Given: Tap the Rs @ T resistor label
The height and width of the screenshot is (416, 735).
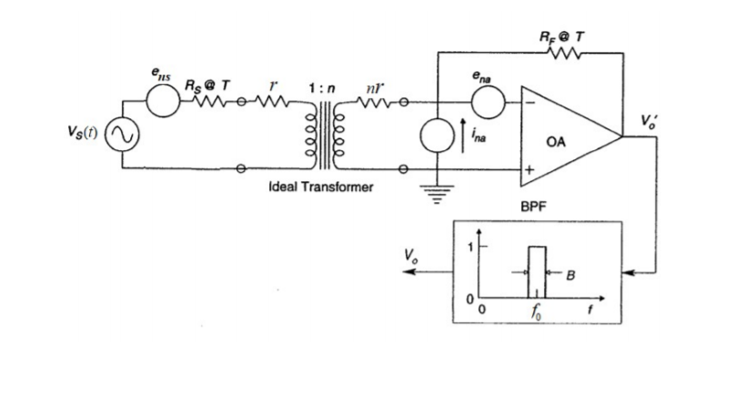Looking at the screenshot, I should click(208, 86).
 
